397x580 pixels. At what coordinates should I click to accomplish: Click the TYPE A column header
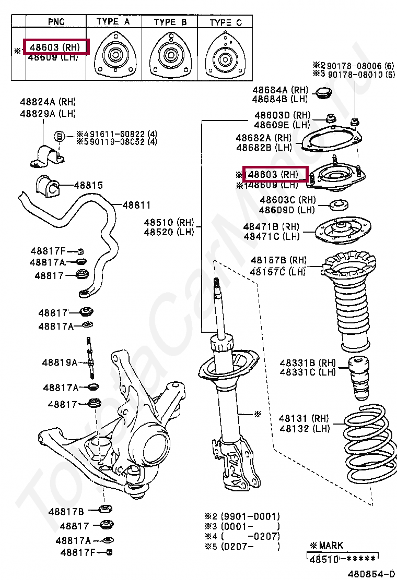point(113,22)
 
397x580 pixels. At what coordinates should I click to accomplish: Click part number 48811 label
point(136,206)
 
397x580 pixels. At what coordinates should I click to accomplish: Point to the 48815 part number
point(88,185)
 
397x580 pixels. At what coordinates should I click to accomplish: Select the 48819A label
point(60,362)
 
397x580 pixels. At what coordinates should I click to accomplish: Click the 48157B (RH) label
point(278,260)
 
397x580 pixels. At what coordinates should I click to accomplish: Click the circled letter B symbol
point(60,136)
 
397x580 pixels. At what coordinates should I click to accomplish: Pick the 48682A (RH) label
point(263,138)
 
